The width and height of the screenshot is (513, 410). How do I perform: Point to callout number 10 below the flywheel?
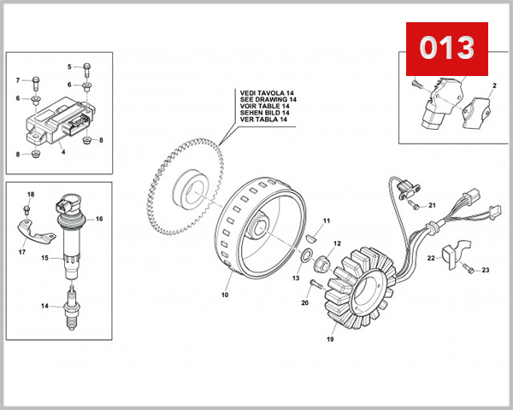(x=225, y=295)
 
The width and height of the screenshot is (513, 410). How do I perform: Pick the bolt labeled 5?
(x=87, y=67)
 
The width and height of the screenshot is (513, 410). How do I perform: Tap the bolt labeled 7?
(x=34, y=82)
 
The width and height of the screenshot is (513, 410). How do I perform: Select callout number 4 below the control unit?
(x=63, y=152)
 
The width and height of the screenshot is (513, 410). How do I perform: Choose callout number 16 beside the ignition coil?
(x=99, y=220)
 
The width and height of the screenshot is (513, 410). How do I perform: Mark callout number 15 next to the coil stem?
(x=44, y=257)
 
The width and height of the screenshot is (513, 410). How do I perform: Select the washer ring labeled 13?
(x=306, y=256)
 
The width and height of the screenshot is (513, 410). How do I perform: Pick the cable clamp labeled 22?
(x=454, y=252)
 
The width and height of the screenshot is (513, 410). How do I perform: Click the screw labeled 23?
(x=469, y=268)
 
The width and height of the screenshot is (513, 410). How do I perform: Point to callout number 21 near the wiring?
(x=432, y=205)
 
